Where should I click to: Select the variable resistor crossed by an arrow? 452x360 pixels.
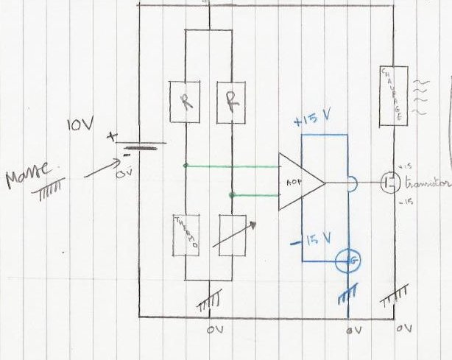tap(233, 235)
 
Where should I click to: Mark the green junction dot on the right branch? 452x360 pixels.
tap(233, 194)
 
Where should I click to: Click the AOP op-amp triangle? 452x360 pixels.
tap(299, 181)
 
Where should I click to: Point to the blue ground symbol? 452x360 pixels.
tap(347, 294)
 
